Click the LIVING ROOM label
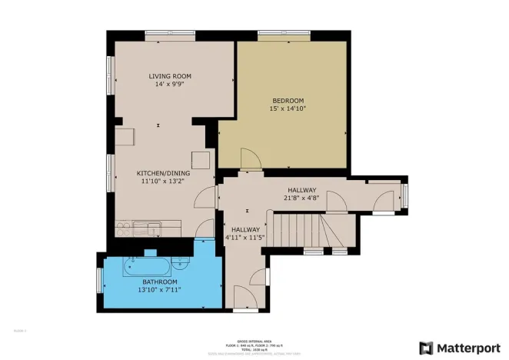pyautogui.click(x=170, y=76)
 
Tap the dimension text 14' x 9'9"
pyautogui.click(x=170, y=85)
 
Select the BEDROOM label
pyautogui.click(x=288, y=100)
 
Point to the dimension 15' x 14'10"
pyautogui.click(x=288, y=109)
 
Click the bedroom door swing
pyautogui.click(x=250, y=159)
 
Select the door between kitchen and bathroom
pyautogui.click(x=205, y=228)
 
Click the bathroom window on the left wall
pyautogui.click(x=99, y=280)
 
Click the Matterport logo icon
pyautogui.click(x=426, y=348)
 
